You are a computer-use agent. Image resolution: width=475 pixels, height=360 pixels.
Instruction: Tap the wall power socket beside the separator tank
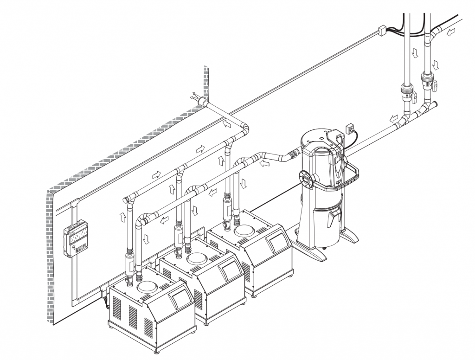click(x=351, y=127)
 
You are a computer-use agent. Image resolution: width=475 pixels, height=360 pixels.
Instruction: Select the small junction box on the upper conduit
click(x=383, y=31)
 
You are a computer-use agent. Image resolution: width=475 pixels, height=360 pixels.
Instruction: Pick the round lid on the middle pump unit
click(x=197, y=259)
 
